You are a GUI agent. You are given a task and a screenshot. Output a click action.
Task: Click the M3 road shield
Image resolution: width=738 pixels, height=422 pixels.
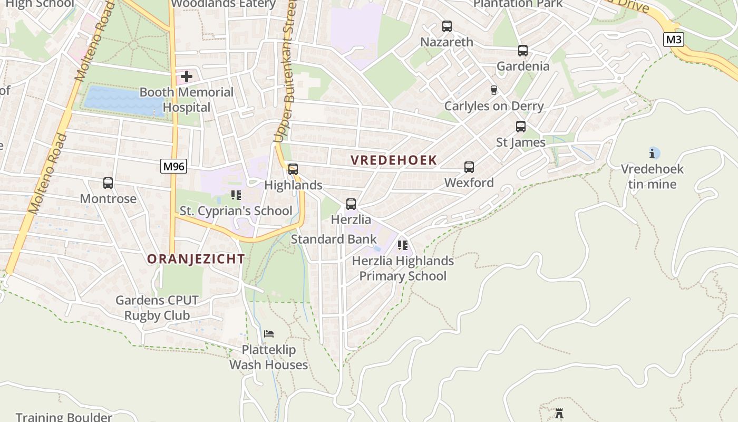point(673,40)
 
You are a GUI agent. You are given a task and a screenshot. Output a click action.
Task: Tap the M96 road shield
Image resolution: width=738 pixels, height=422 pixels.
point(173,166)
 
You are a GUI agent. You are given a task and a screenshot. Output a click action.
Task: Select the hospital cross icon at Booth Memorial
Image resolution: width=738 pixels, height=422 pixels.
point(186,77)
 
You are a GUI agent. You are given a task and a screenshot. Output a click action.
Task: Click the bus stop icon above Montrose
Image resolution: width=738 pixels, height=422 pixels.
point(108,183)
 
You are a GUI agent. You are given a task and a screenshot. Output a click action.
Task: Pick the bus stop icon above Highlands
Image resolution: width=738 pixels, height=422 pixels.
point(293,169)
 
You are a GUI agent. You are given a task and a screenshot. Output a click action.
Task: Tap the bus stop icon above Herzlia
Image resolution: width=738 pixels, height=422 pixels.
point(351,204)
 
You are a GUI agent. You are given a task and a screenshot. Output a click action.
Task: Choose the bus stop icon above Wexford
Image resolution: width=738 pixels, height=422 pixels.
point(469,167)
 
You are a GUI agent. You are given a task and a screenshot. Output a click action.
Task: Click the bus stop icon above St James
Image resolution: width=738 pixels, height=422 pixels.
point(521,127)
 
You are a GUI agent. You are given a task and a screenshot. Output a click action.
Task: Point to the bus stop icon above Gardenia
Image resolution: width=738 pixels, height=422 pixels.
point(523,51)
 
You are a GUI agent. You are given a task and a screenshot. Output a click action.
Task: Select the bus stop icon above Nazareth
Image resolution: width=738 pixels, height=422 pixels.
point(447,26)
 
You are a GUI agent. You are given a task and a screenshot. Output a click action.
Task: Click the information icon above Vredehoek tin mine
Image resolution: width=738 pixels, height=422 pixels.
point(653,154)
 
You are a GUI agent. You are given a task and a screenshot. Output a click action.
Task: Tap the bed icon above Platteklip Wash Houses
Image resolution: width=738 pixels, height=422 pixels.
point(269,333)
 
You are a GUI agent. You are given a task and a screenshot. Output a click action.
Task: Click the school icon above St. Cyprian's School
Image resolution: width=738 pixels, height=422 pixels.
point(236,195)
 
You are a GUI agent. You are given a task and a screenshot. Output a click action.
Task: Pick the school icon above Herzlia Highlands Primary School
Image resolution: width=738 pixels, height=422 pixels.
point(403,245)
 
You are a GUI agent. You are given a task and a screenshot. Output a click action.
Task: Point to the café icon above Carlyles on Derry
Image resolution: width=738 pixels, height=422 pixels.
point(494,90)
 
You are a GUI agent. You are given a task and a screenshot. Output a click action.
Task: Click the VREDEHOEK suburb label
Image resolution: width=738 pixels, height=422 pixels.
point(394,160)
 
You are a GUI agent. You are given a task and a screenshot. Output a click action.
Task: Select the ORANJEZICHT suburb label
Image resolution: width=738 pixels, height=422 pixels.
point(196,259)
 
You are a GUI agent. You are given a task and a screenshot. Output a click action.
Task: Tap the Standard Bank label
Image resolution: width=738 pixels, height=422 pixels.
point(334,239)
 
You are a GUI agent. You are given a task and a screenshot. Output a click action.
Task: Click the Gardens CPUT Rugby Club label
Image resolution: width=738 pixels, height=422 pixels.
point(157,308)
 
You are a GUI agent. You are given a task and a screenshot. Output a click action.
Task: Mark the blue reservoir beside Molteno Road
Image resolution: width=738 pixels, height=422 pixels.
point(124,101)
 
